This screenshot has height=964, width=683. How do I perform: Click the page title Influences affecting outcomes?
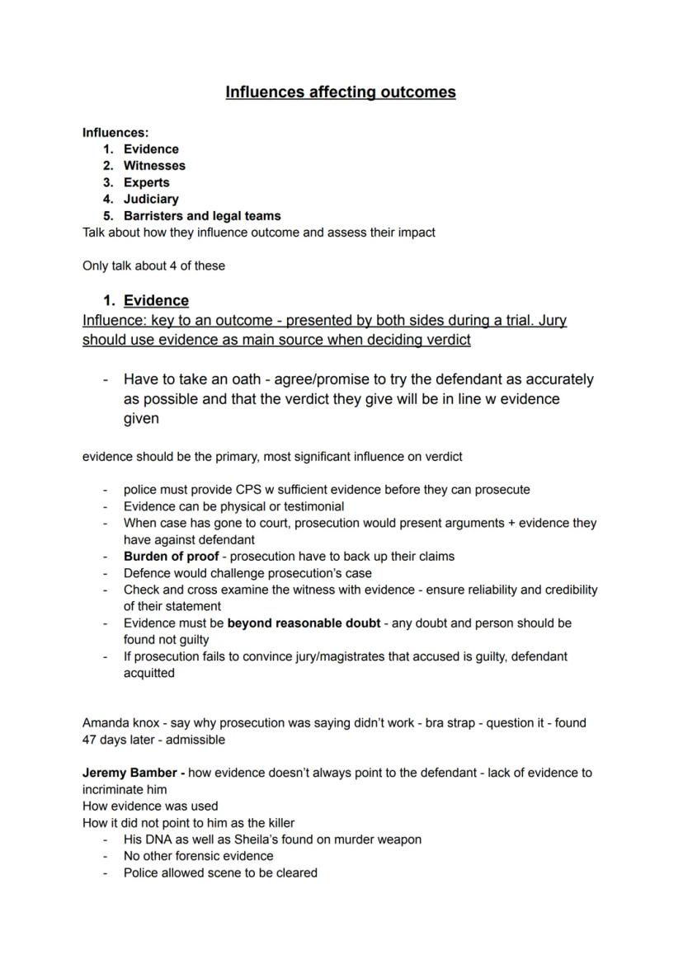coord(341,92)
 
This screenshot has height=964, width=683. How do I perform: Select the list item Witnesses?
coord(154,166)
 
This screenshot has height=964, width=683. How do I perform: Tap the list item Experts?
coord(146,182)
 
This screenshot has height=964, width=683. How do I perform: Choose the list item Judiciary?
coord(151,199)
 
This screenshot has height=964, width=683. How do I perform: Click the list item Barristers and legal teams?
coord(202,216)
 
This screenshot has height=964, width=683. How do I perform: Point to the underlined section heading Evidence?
coord(156,300)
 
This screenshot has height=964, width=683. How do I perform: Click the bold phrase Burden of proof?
coord(171,556)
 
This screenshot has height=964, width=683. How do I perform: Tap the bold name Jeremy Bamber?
coord(130,773)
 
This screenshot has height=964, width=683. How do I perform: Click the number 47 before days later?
coord(90,740)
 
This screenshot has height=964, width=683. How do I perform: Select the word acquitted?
coord(149,673)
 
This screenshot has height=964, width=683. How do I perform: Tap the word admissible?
coord(195,740)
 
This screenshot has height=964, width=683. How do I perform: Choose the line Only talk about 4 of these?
coord(153,266)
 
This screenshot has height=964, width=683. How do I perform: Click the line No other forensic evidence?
coord(198,856)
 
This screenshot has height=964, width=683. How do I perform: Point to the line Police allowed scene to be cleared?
coord(220,872)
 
